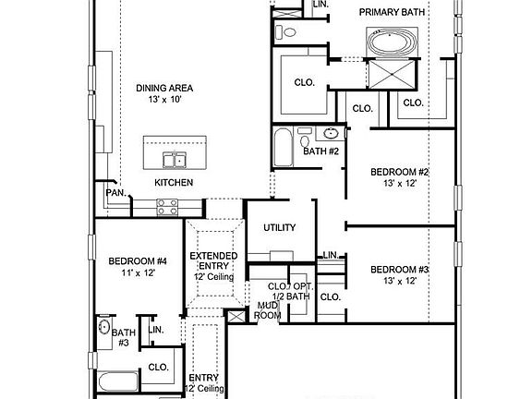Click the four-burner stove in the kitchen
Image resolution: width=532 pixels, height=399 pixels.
coord(167,209)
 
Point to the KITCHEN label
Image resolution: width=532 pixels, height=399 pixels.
coord(174,183)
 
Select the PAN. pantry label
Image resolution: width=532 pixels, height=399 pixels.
coord(115,193)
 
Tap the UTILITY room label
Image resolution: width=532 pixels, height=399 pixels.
coord(279,227)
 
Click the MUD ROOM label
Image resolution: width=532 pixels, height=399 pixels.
coord(268,309)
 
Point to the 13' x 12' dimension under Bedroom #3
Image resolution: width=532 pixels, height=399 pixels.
coord(400,281)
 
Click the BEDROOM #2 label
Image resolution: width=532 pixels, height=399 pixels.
coord(400,172)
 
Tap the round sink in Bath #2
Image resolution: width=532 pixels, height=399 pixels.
coord(331,133)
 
